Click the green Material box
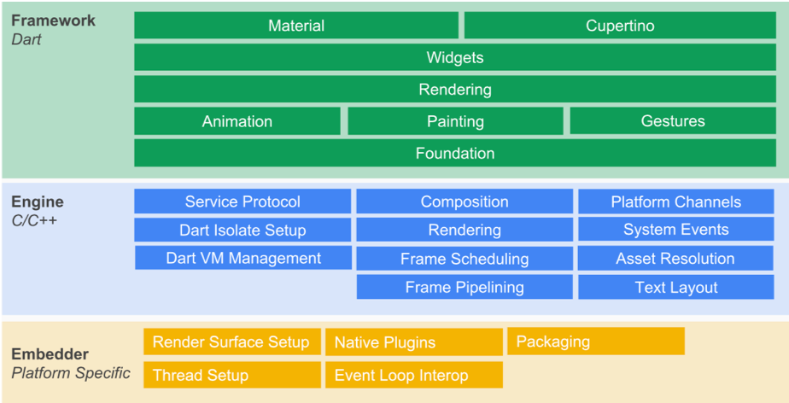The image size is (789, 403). coord(296,26)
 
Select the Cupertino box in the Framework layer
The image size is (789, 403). coord(620,26)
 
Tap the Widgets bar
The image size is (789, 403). coord(454,58)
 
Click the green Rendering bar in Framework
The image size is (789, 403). coord(454,90)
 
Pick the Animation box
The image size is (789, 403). coord(237,121)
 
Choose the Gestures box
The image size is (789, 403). coord(672,121)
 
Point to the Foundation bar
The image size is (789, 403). coord(454,154)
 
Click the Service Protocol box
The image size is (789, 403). coord(243,201)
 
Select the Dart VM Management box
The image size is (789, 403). coord(243,258)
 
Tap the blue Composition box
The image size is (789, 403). coord(464,201)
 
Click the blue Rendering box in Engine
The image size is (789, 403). coord(464,230)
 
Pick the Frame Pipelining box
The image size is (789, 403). coord(464,287)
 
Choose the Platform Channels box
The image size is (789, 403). coord(675,201)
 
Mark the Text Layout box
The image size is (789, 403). coord(675,287)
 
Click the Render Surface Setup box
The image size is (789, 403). coord(231,342)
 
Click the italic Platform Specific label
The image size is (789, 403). coord(71,373)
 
